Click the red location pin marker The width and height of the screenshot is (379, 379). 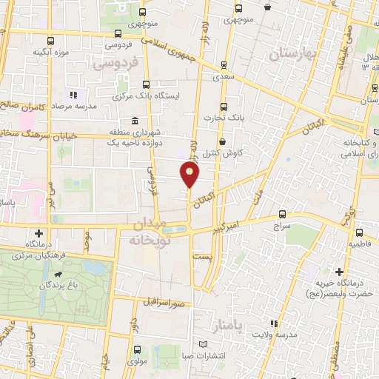pyautogui.click(x=189, y=175)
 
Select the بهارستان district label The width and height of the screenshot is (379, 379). pyautogui.click(x=292, y=53)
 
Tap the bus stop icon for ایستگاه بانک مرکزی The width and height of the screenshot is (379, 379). pyautogui.click(x=144, y=85)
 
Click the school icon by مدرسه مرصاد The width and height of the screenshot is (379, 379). pyautogui.click(x=73, y=95)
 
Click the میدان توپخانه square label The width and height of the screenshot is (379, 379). pyautogui.click(x=150, y=232)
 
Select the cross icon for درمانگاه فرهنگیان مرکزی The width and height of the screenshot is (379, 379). pyautogui.click(x=39, y=234)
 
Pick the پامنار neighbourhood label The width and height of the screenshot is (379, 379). pyautogui.click(x=217, y=326)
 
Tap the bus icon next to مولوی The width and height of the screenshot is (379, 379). pyautogui.click(x=135, y=350)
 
